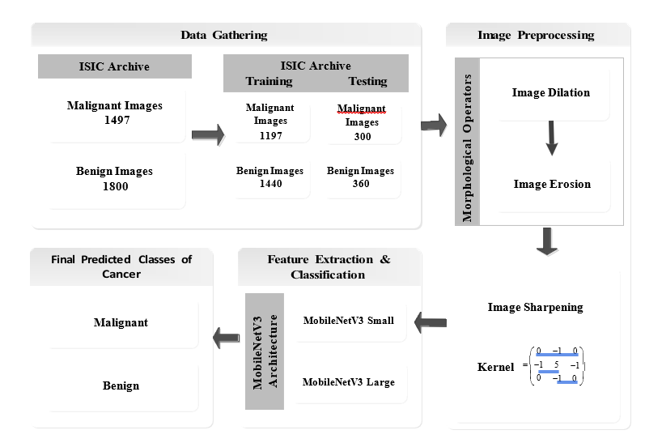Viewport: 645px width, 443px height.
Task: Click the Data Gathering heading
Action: [223, 35]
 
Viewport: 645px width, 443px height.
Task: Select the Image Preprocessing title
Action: [536, 35]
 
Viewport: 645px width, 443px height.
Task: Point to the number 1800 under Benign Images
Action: [114, 186]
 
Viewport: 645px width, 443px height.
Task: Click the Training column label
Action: [270, 81]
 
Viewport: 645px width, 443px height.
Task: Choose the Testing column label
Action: [367, 81]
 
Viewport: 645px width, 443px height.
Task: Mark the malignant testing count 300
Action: [362, 136]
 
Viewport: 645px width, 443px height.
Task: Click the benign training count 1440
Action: [270, 184]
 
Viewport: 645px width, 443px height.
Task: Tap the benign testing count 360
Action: [361, 184]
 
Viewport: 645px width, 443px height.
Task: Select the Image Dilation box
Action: [550, 92]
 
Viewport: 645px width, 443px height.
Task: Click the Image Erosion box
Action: [552, 184]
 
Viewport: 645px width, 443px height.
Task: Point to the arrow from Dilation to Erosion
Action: [552, 138]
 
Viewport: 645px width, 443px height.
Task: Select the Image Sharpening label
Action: [535, 307]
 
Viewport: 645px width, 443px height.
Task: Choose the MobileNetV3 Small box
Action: [349, 321]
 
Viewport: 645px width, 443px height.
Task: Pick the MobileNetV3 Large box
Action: [349, 381]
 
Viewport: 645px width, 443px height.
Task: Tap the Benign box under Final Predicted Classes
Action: [121, 385]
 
